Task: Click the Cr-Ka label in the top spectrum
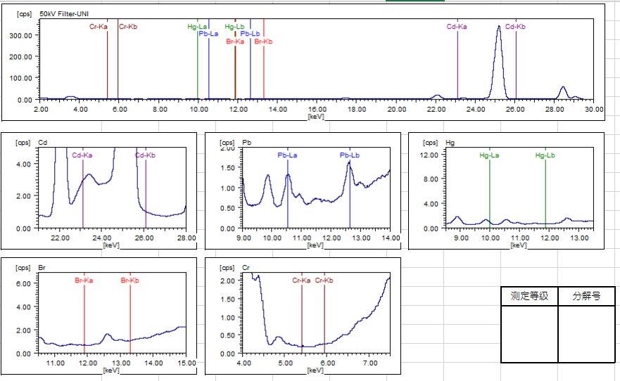(x=99, y=27)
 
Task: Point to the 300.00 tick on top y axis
(x=20, y=35)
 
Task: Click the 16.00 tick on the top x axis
(x=317, y=109)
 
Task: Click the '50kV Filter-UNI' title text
(x=64, y=13)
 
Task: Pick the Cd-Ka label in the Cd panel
(x=82, y=155)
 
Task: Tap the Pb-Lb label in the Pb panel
(x=350, y=155)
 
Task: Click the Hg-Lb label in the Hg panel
(x=545, y=155)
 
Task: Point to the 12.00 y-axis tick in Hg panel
(x=430, y=155)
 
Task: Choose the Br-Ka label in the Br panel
(x=84, y=280)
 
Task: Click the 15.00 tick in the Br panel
(x=186, y=363)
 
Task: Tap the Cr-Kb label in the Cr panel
(x=324, y=280)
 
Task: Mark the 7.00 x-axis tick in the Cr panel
(x=369, y=363)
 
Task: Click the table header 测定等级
(x=529, y=296)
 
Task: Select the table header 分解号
(x=586, y=296)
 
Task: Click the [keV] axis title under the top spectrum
(x=317, y=116)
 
